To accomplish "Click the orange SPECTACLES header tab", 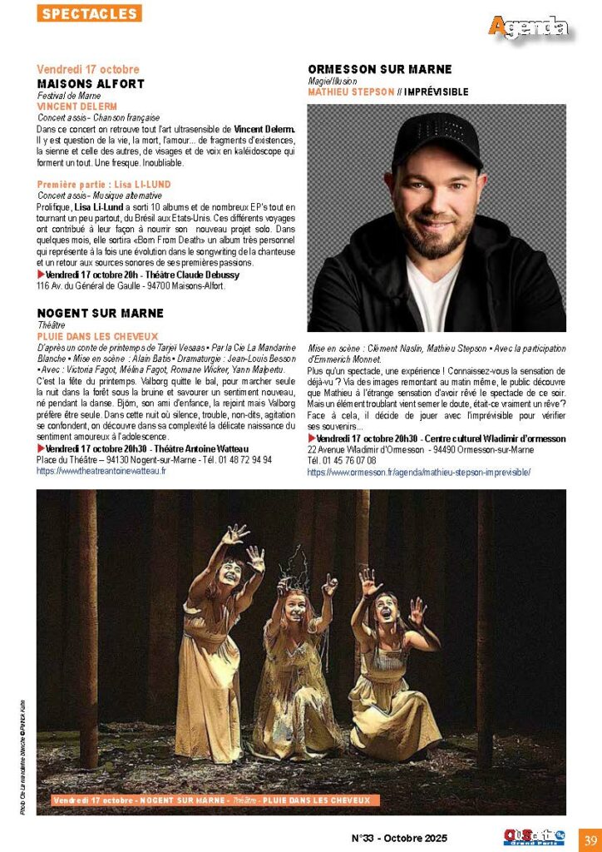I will (89, 13).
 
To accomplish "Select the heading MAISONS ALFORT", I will (91, 84).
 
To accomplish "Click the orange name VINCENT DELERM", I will (76, 106).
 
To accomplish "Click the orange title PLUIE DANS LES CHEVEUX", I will (98, 335).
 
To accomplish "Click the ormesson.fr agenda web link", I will (418, 472).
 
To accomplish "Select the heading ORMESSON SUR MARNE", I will (379, 69).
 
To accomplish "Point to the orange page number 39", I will (590, 838).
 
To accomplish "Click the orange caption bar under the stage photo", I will (211, 800).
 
